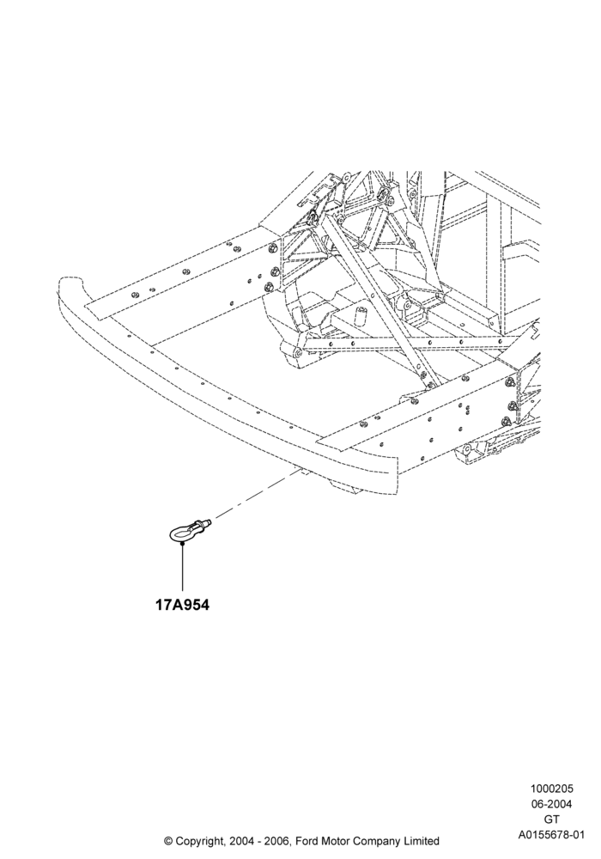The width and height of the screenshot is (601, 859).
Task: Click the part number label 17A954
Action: coord(183,606)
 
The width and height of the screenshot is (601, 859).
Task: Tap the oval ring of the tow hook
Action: coord(173,533)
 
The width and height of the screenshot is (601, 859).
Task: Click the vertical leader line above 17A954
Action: coord(182,568)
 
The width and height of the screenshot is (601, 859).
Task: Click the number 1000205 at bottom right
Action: coord(551,789)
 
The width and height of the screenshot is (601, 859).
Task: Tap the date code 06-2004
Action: coord(551,804)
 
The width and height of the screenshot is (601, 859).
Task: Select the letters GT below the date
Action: coord(551,819)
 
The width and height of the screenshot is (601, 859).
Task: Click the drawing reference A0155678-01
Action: coord(551,835)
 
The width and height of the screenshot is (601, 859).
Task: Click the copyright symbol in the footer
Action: coord(168,840)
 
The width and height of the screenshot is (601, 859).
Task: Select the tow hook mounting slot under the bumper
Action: coord(300,470)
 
